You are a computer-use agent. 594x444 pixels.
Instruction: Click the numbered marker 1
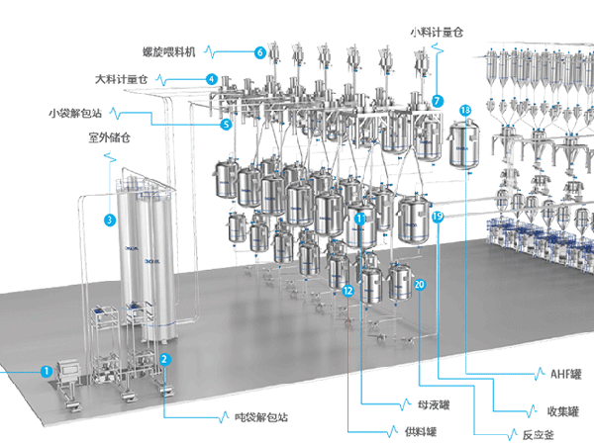[x=46, y=371]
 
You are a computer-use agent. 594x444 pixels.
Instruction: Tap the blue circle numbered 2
[x=165, y=360]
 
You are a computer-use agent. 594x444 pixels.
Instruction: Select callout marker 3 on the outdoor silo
[x=108, y=221]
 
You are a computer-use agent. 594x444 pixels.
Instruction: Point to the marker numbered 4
[x=212, y=78]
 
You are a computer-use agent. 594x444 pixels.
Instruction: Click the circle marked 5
[x=226, y=125]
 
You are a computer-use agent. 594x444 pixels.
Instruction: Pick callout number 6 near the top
[x=259, y=51]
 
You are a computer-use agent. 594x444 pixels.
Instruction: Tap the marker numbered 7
[x=437, y=100]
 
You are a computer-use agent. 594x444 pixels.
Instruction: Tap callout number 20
[x=420, y=285]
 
